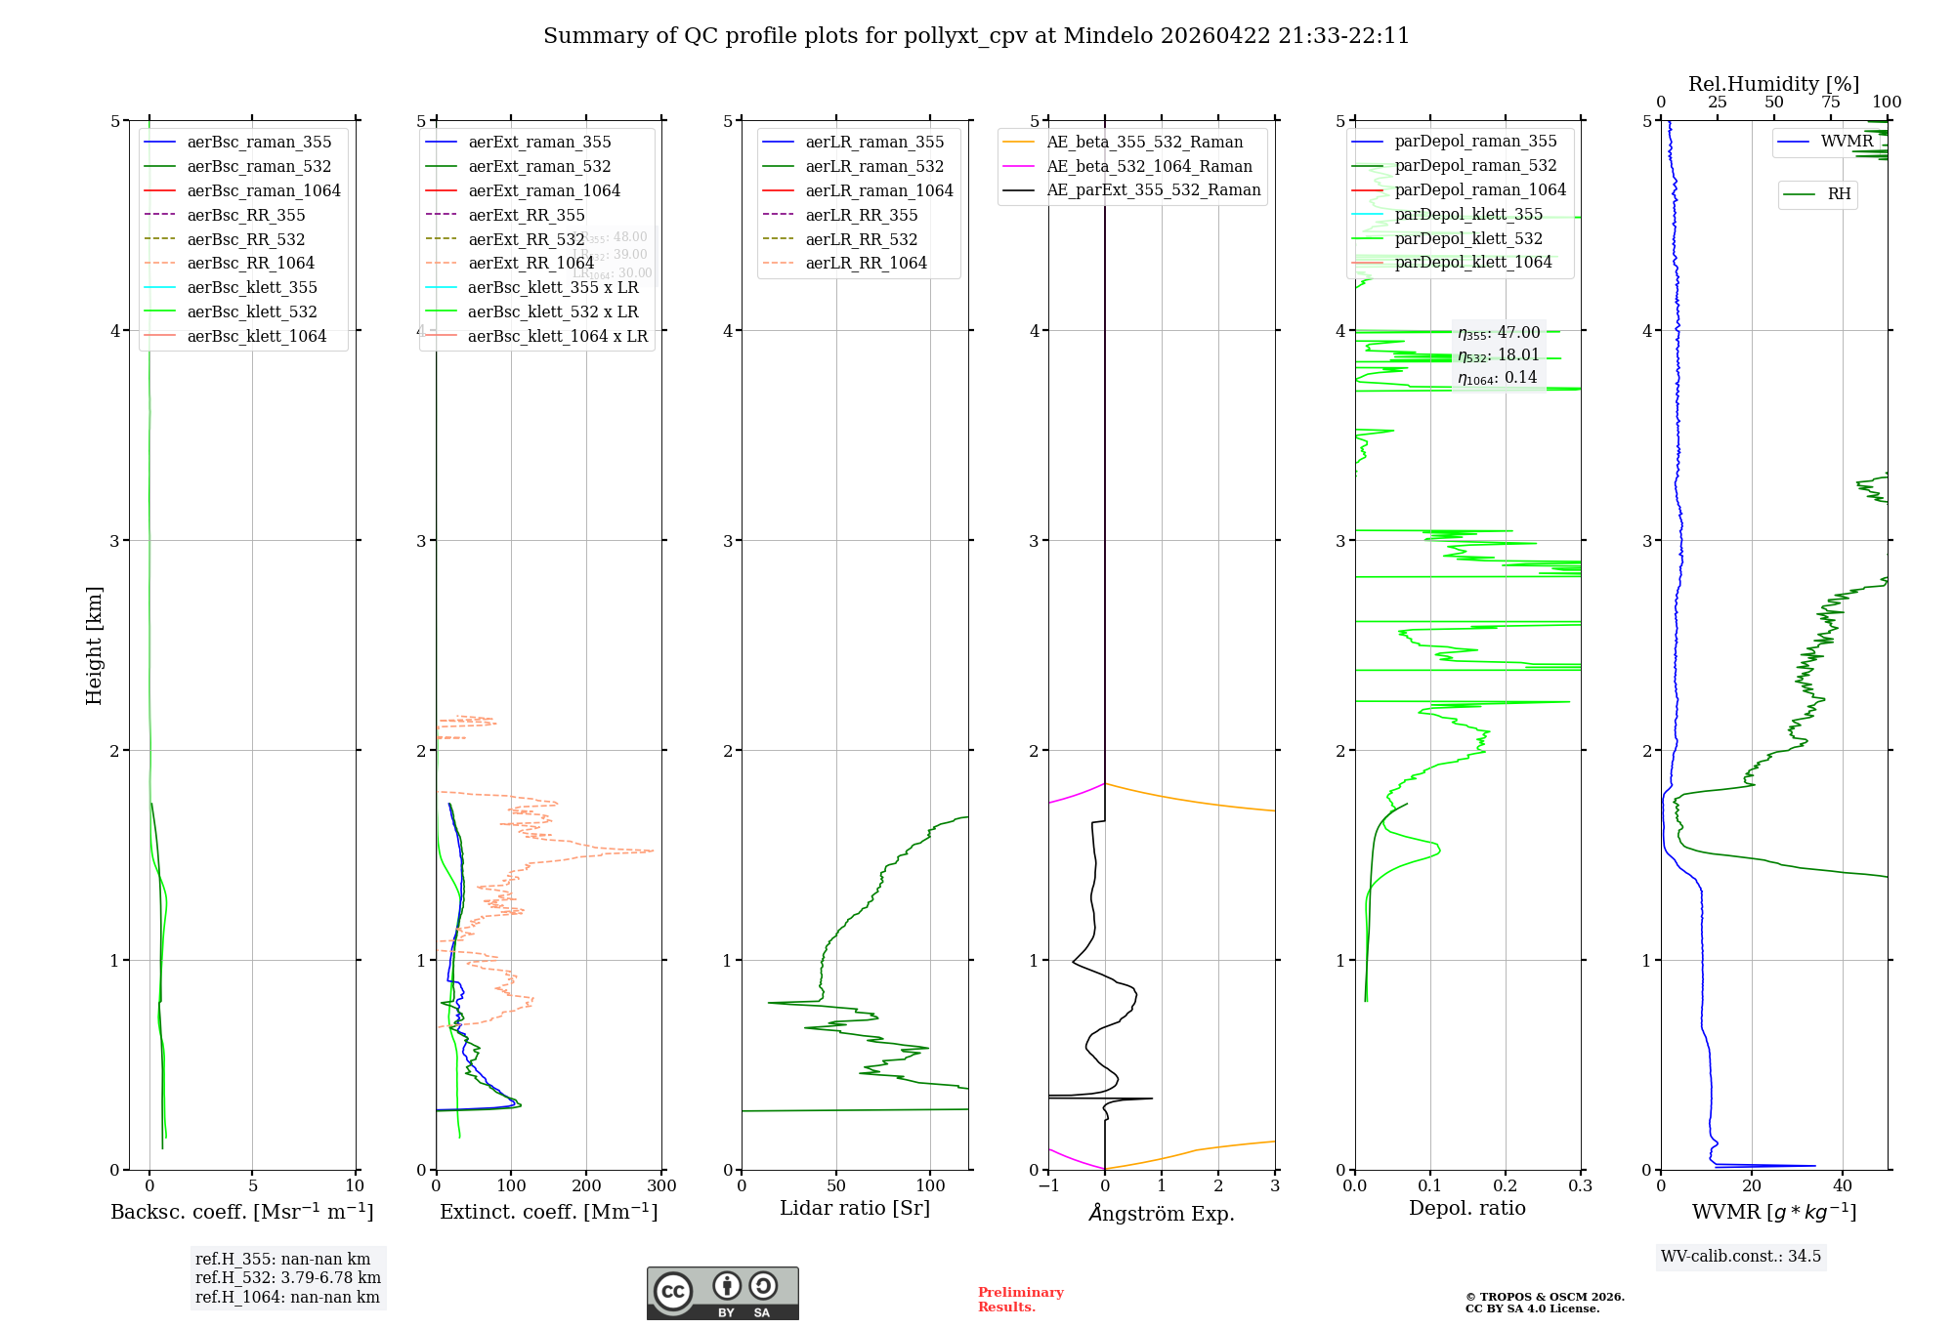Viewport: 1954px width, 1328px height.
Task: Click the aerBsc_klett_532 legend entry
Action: coord(251,312)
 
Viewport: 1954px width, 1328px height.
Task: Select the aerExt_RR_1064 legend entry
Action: coord(531,264)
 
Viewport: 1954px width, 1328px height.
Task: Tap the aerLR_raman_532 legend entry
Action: coord(874,167)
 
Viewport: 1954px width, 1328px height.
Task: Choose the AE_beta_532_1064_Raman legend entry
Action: coord(1149,167)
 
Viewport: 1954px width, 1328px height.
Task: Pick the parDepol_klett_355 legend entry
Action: coord(1468,215)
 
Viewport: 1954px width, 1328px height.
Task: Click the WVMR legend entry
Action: coord(1847,142)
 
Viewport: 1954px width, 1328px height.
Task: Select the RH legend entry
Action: coord(1839,194)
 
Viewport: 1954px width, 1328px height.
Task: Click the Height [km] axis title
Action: coord(94,645)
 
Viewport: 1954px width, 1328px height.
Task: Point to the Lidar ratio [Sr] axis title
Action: coord(855,1208)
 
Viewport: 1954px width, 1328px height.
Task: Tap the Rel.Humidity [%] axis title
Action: coord(1773,84)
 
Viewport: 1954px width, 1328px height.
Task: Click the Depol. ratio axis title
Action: coord(1466,1208)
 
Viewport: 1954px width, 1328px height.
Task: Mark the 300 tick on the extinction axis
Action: coord(662,1186)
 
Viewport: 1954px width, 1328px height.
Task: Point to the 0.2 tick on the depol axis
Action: coord(1506,1186)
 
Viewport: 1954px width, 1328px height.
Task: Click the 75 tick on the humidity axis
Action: coord(1831,103)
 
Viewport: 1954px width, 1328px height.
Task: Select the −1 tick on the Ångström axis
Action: coord(1048,1186)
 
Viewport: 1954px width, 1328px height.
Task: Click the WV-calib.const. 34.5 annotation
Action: coord(1740,1257)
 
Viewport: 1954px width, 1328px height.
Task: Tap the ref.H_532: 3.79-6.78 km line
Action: coord(287,1278)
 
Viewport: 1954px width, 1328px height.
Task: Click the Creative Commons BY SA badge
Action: coord(722,1294)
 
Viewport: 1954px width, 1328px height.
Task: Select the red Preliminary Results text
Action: coord(1020,1300)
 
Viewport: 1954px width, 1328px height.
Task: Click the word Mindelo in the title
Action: coord(1107,36)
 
